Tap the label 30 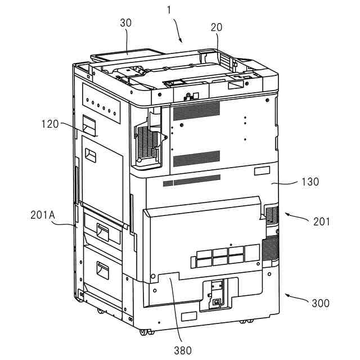coord(126,24)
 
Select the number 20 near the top coord(217,27)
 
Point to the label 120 coord(49,124)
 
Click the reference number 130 coord(310,182)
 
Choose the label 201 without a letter coord(322,222)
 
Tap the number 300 coord(321,303)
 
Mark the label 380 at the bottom coord(182,350)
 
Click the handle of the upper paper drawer coord(102,230)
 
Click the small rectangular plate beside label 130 coord(262,171)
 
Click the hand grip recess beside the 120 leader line coord(88,124)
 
